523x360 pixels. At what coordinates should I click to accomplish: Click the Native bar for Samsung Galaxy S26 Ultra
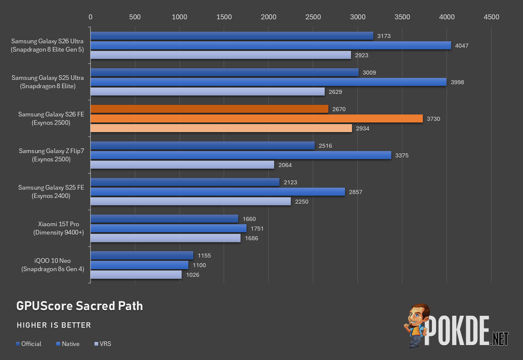pyautogui.click(x=271, y=45)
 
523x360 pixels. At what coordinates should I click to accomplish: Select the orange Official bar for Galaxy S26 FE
pyautogui.click(x=209, y=109)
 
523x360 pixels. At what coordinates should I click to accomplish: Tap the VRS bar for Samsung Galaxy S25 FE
pyautogui.click(x=191, y=201)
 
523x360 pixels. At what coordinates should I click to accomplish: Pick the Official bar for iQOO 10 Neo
pyautogui.click(x=142, y=255)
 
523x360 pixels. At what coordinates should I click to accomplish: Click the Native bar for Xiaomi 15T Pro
pyautogui.click(x=169, y=228)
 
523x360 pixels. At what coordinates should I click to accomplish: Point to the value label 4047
pyautogui.click(x=462, y=45)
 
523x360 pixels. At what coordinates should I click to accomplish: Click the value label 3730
pyautogui.click(x=433, y=118)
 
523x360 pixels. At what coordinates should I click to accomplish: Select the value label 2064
pyautogui.click(x=285, y=165)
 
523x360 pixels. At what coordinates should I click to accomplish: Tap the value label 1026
pyautogui.click(x=193, y=275)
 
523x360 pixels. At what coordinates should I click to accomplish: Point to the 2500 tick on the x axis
pyautogui.click(x=313, y=17)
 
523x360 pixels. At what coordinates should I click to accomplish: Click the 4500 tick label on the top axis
pyautogui.click(x=491, y=17)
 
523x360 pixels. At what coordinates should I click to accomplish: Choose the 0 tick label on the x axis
pyautogui.click(x=90, y=17)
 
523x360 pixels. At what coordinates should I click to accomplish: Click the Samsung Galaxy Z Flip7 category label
pyautogui.click(x=52, y=155)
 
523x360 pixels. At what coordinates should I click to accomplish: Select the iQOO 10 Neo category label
pyautogui.click(x=53, y=265)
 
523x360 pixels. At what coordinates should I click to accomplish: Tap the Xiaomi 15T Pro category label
pyautogui.click(x=58, y=228)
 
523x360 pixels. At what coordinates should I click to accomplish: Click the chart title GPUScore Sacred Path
pyautogui.click(x=80, y=306)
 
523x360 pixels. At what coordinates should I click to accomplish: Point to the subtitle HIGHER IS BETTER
pyautogui.click(x=54, y=325)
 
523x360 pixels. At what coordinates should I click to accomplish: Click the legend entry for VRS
pyautogui.click(x=103, y=344)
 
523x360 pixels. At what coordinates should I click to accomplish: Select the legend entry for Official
pyautogui.click(x=29, y=344)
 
